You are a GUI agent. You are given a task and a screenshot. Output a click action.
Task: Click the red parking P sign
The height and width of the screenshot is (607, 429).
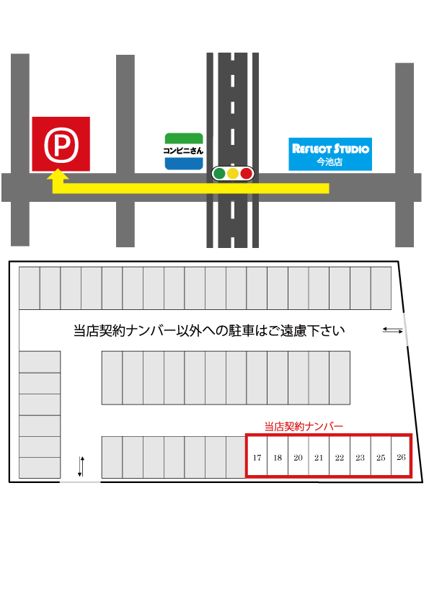pos(61,144)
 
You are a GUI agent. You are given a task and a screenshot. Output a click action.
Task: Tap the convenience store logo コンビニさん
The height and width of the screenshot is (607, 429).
pos(184,151)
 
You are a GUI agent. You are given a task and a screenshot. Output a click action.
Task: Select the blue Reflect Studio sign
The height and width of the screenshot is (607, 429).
pos(330,154)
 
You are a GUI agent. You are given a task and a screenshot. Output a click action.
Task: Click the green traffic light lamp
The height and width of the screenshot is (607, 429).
pos(219,174)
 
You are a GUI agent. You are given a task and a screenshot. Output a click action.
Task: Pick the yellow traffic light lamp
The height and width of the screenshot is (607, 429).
pos(233,174)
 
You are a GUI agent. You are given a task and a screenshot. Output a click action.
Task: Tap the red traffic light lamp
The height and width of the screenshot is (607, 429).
pos(247,174)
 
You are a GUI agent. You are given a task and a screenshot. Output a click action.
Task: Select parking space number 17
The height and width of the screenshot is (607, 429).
pos(257,456)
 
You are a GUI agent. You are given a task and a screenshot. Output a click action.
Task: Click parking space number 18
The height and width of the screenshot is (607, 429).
pos(278,456)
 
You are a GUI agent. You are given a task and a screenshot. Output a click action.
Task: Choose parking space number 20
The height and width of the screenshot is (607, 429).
pos(298,456)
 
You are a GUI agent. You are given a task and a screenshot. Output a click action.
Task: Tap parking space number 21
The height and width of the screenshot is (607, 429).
pos(319,456)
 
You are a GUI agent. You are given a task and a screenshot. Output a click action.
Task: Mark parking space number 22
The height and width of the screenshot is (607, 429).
pos(340,456)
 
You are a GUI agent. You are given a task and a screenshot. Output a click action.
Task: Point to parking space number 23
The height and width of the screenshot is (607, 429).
pos(360,456)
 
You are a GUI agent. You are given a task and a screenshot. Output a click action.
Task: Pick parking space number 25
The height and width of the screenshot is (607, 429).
pos(381,456)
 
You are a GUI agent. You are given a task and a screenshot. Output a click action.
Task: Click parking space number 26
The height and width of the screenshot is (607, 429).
pos(401,456)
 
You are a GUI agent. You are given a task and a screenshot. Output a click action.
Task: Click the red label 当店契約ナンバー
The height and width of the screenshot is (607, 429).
pos(304,427)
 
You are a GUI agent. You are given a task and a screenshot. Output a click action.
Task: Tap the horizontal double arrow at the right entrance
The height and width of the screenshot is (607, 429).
pos(393,330)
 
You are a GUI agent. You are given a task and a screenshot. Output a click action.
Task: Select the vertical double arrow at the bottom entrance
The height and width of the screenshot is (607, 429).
pos(81,466)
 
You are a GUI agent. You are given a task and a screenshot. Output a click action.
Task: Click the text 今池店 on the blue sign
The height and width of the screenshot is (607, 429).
pos(330,161)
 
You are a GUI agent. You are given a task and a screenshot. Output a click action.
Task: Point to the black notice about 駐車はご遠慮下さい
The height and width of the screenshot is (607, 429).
pos(209,331)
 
